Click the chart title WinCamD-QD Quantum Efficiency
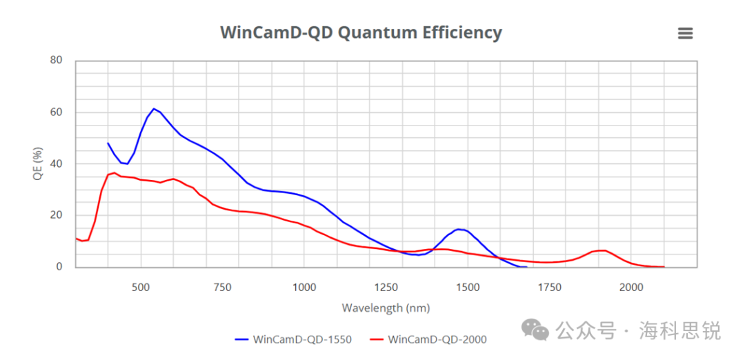click(x=361, y=32)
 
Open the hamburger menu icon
click(x=685, y=33)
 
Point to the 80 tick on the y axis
click(x=56, y=61)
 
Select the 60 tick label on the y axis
click(x=56, y=112)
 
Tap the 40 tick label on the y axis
click(x=56, y=164)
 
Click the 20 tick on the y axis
click(x=56, y=215)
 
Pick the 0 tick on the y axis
click(x=59, y=267)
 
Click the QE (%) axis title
click(x=39, y=164)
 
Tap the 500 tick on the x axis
click(x=141, y=288)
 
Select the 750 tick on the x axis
click(x=222, y=288)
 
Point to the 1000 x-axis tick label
click(x=304, y=288)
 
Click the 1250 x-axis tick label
click(x=386, y=288)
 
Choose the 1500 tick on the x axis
click(x=468, y=288)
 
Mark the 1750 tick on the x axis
click(x=549, y=288)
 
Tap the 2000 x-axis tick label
click(x=630, y=288)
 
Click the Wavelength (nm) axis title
click(x=386, y=308)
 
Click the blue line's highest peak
click(x=154, y=108)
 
